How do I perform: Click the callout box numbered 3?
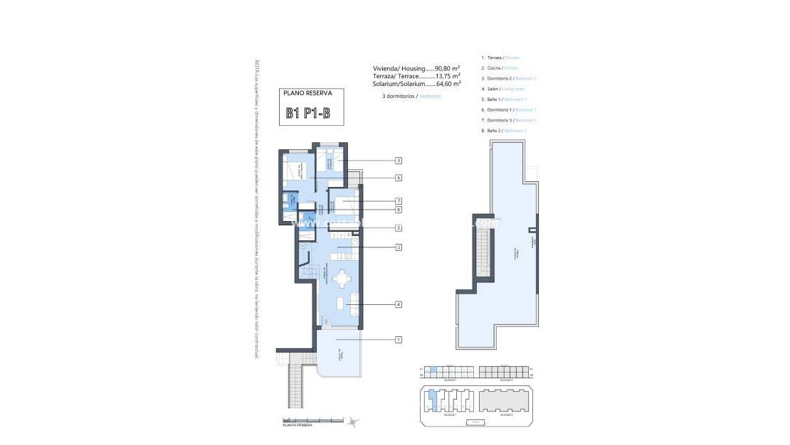pyautogui.click(x=399, y=161)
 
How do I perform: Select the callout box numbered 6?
pyautogui.click(x=399, y=178)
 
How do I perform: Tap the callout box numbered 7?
pyautogui.click(x=399, y=201)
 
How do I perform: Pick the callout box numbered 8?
pyautogui.click(x=399, y=210)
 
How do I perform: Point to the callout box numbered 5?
pyautogui.click(x=399, y=227)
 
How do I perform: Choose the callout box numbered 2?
pyautogui.click(x=399, y=247)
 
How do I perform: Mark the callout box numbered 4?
pyautogui.click(x=399, y=304)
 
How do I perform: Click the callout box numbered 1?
pyautogui.click(x=399, y=340)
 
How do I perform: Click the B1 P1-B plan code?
pyautogui.click(x=307, y=113)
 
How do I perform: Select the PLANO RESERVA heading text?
pyautogui.click(x=303, y=93)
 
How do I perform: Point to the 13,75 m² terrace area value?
pyautogui.click(x=447, y=75)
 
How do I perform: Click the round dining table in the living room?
pyautogui.click(x=343, y=278)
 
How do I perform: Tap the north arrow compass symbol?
pyautogui.click(x=353, y=422)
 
